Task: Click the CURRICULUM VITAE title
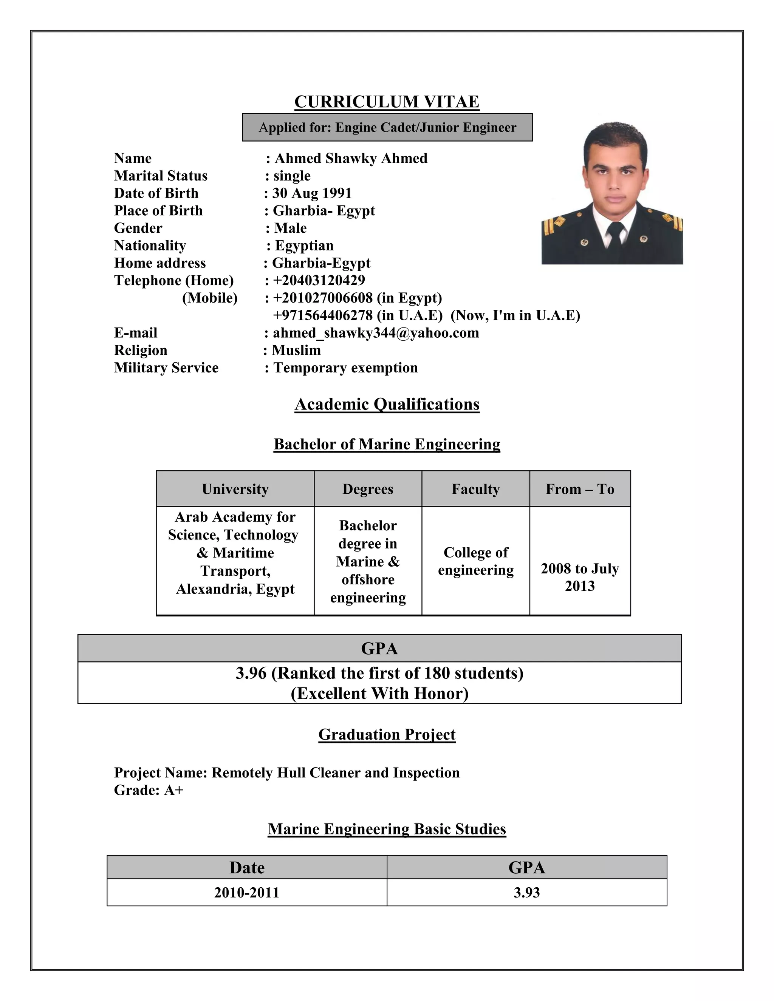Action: point(387,102)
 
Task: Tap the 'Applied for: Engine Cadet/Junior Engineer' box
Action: point(387,127)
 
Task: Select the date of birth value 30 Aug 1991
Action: point(312,193)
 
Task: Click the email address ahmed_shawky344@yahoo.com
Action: point(376,333)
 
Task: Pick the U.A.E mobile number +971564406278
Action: point(323,315)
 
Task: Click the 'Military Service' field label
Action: point(166,368)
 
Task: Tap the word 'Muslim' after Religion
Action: point(296,350)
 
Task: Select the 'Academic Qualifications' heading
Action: point(387,404)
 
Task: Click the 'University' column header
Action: point(235,489)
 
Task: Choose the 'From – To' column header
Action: point(580,489)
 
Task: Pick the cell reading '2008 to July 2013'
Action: point(580,577)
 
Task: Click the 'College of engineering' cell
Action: point(475,561)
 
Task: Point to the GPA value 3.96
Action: point(251,673)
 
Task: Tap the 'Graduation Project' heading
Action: point(387,734)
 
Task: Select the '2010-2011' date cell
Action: point(247,892)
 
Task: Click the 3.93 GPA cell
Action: point(526,892)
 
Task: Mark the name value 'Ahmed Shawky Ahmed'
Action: point(351,158)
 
